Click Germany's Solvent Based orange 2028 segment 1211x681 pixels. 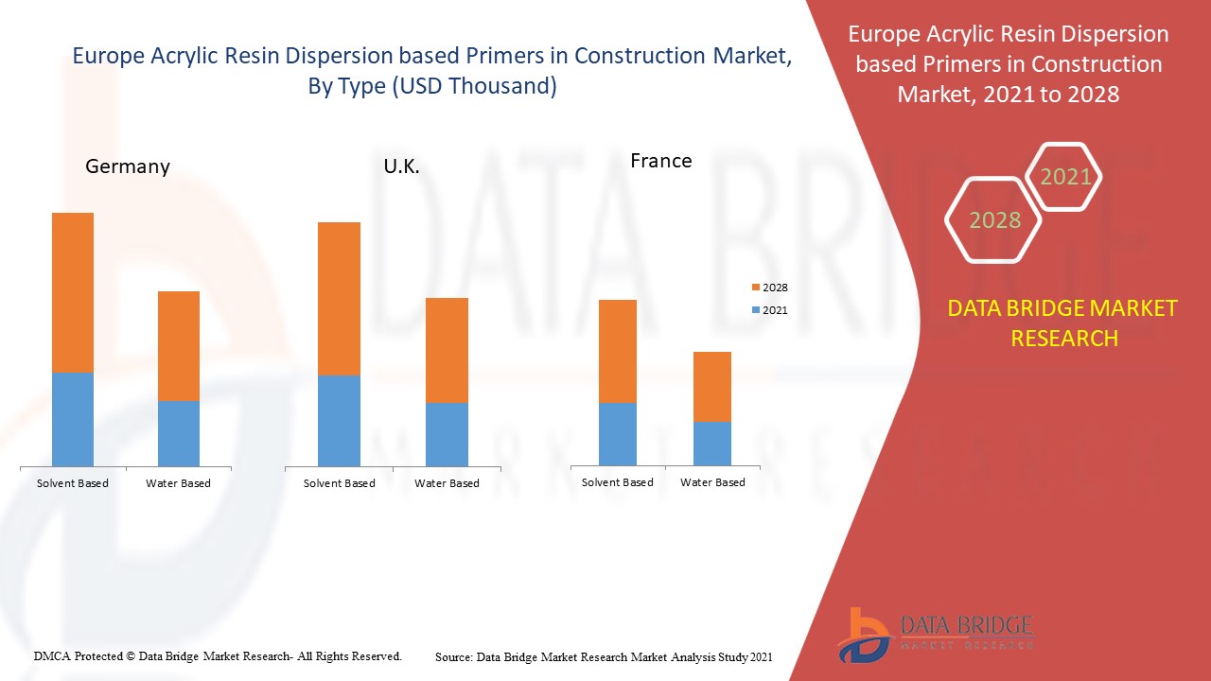pos(73,292)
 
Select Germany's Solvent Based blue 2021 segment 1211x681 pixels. pos(73,419)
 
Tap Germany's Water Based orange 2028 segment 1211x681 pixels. pos(179,346)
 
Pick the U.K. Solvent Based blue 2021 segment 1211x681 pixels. pos(339,421)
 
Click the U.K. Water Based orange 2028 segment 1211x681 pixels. pos(447,350)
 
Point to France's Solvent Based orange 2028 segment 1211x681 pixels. pos(618,351)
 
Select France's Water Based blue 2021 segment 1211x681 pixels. pos(712,444)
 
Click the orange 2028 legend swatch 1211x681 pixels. pos(755,288)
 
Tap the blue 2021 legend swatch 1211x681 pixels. pos(755,310)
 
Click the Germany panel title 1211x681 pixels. pos(128,166)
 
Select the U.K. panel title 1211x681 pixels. pos(401,167)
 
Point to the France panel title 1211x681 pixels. pos(661,161)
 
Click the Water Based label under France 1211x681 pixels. pos(712,482)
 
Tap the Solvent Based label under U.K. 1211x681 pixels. pos(339,483)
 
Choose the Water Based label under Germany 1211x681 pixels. pos(178,483)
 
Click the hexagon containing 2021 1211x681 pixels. pos(1065,177)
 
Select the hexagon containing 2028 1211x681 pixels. pos(994,220)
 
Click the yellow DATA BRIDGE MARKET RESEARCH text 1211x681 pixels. pos(1063,323)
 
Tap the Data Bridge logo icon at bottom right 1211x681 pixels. pos(863,634)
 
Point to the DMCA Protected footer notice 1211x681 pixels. pos(219,655)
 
